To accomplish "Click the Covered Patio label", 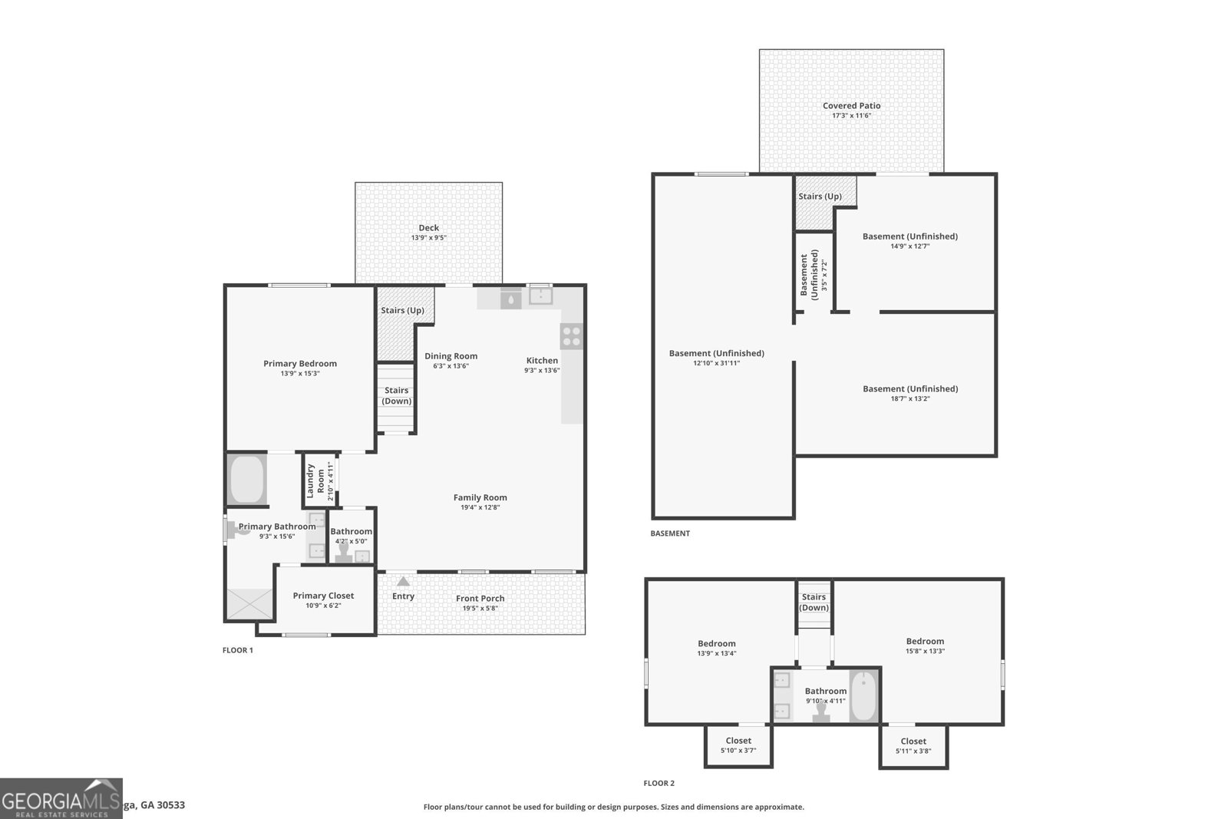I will point(851,106).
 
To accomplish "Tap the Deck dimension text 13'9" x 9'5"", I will point(428,238).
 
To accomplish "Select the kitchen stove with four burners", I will point(571,336).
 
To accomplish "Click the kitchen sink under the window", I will point(540,296).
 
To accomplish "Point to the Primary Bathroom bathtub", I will point(246,480).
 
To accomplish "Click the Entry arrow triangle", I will point(403,581).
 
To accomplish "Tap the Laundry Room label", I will point(315,481).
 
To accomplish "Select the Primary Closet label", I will point(323,596).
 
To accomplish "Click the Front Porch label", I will point(480,599).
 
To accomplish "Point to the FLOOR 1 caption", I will point(237,650).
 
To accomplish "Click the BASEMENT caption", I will point(669,533).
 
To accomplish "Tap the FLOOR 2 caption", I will point(659,784).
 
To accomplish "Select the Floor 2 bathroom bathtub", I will point(863,696).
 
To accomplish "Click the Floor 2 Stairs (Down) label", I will point(814,602).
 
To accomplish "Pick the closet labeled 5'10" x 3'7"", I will point(738,745).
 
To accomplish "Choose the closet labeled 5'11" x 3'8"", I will point(913,745).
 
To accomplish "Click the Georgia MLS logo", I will point(61,798).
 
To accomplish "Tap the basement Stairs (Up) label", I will point(820,196).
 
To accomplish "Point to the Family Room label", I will point(480,497).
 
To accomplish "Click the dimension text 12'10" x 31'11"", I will point(716,363).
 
